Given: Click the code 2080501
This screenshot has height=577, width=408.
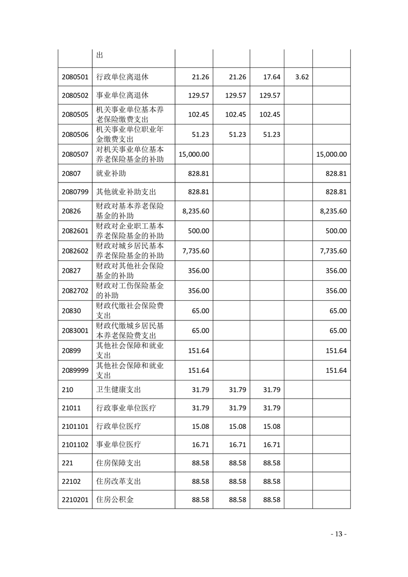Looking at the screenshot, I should coord(75,77).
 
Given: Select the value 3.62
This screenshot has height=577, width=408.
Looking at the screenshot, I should coord(302,77).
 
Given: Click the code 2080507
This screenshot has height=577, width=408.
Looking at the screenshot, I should coord(75,154).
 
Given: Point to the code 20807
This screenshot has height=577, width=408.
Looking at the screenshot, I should coord(71,174).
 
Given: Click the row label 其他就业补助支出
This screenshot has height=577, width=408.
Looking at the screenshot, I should coord(126,192).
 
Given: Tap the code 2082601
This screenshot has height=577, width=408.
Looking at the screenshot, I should coord(75,231).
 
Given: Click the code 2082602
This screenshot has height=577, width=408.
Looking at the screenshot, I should coord(75,251).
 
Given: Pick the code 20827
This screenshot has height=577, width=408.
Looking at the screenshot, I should coord(71,271).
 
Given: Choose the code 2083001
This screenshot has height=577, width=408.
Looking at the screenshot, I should coord(75,331).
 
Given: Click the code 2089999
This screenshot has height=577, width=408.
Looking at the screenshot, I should coord(75,370).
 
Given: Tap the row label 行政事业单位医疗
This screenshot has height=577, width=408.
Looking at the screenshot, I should coord(126,408).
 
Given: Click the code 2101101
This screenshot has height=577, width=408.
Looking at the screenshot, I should coord(75,426).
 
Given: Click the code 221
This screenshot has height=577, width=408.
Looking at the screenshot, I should coord(67,463).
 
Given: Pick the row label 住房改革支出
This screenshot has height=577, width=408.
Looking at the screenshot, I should coord(119,481).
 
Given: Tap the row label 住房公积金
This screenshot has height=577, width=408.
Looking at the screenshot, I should coord(115,499).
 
